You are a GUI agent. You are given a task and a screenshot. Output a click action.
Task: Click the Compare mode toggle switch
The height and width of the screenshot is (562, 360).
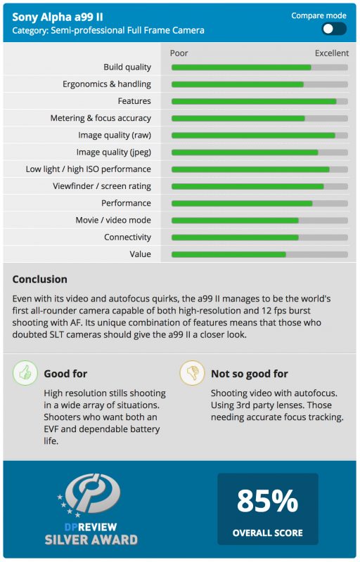pos(334,29)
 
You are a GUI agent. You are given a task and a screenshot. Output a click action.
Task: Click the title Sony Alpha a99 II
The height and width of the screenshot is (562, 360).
pos(58,17)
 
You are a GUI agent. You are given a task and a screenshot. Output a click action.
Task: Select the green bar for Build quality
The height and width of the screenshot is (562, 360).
pos(241,67)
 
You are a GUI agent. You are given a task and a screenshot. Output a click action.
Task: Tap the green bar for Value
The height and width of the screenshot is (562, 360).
pos(229,254)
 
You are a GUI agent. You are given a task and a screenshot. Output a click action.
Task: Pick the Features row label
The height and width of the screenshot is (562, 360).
pos(134,101)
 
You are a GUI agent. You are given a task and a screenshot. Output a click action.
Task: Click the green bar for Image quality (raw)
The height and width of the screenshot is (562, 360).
pos(253,136)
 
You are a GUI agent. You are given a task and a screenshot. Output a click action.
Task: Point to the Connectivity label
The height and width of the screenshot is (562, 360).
pos(128,237)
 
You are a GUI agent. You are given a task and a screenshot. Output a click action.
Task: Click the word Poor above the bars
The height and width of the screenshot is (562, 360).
pos(179,53)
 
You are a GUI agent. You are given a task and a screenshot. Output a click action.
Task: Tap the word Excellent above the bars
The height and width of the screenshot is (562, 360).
pos(332,53)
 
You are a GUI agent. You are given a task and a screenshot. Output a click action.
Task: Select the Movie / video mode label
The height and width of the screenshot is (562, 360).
pos(113,220)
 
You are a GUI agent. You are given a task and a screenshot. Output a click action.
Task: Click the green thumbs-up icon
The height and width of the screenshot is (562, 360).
pos(25,373)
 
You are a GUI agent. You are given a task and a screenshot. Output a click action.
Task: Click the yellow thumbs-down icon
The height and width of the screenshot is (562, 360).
pos(192,373)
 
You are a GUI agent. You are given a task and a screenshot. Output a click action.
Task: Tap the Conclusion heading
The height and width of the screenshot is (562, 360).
pos(40,279)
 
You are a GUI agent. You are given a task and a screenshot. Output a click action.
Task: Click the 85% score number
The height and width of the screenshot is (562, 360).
pos(267,501)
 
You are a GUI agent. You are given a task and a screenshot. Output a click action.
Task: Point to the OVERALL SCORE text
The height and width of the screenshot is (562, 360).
pos(267,533)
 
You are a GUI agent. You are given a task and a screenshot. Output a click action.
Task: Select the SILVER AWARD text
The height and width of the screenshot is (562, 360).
pos(91,540)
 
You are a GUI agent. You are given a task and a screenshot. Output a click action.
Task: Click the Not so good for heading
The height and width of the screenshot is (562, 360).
pos(250,374)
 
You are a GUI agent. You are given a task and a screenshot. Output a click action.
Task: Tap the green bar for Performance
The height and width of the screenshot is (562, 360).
pos(242,204)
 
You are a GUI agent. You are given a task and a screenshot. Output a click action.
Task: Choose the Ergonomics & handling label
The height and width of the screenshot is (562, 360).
pos(107,84)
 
